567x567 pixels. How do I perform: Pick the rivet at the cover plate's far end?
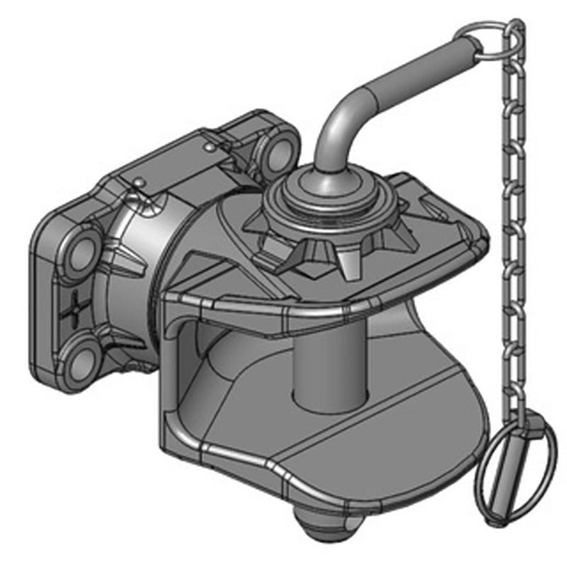[210, 145]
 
